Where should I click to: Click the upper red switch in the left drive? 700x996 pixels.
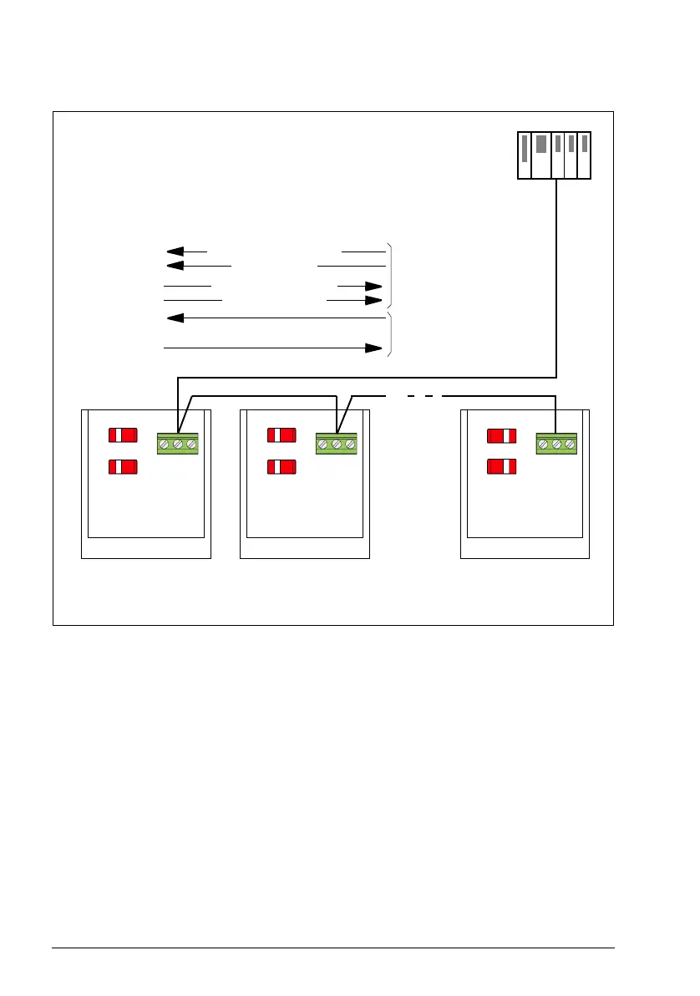click(x=123, y=434)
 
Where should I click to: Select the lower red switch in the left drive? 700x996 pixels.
click(x=123, y=466)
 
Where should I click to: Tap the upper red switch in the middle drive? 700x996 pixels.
click(x=281, y=434)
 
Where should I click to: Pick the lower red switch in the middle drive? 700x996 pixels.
click(x=281, y=466)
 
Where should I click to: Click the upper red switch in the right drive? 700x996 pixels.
click(x=502, y=435)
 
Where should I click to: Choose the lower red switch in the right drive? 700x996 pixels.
click(x=502, y=466)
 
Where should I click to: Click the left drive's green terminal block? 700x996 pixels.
click(x=178, y=444)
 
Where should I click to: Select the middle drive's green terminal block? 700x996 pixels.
click(x=337, y=444)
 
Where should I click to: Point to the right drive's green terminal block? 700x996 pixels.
click(x=556, y=444)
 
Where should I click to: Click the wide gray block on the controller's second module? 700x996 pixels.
click(x=540, y=143)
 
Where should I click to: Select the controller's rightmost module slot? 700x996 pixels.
click(x=585, y=155)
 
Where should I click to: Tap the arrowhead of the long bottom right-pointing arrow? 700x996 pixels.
click(x=373, y=348)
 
